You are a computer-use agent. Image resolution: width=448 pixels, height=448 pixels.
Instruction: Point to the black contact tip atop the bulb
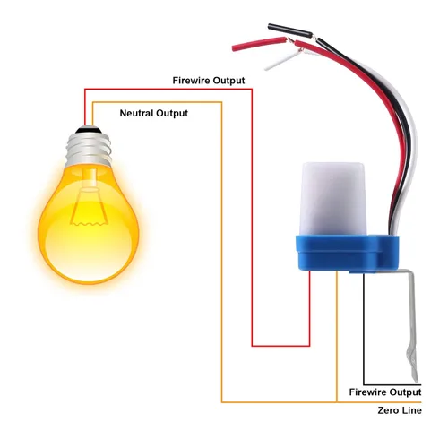pyautogui.click(x=87, y=130)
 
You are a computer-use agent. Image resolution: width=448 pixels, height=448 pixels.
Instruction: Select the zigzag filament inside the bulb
pyautogui.click(x=89, y=223)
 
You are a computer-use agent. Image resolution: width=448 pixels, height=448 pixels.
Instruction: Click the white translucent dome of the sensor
pyautogui.click(x=334, y=199)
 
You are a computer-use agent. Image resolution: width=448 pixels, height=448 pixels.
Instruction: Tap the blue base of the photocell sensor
pyautogui.click(x=347, y=254)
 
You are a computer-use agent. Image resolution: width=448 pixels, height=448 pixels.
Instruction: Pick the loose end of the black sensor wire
pyautogui.click(x=270, y=26)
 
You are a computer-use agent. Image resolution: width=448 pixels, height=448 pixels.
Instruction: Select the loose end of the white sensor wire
pyautogui.click(x=266, y=68)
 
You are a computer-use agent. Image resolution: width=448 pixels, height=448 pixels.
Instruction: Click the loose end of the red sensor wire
pyautogui.click(x=234, y=48)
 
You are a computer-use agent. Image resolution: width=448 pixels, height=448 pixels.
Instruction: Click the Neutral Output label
pyautogui.click(x=154, y=113)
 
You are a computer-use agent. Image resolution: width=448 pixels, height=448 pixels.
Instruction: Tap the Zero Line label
pyautogui.click(x=400, y=410)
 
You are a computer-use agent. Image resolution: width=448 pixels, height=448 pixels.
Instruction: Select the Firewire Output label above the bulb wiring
pyautogui.click(x=209, y=81)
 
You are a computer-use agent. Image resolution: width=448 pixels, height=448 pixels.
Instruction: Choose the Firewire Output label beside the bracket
pyautogui.click(x=385, y=392)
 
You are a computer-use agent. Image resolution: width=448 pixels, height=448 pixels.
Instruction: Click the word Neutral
pyautogui.click(x=136, y=113)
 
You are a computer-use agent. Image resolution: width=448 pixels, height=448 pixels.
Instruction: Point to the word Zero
pyautogui.click(x=387, y=410)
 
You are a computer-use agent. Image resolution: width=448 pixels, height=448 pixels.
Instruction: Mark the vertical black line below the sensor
pyautogui.click(x=364, y=329)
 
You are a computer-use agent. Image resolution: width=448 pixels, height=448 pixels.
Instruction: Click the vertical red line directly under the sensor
pyautogui.click(x=309, y=308)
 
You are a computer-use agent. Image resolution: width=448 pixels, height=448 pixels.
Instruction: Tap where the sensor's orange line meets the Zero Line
pyautogui.click(x=337, y=402)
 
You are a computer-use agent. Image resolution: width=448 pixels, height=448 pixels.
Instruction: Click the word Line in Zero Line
pyautogui.click(x=411, y=410)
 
